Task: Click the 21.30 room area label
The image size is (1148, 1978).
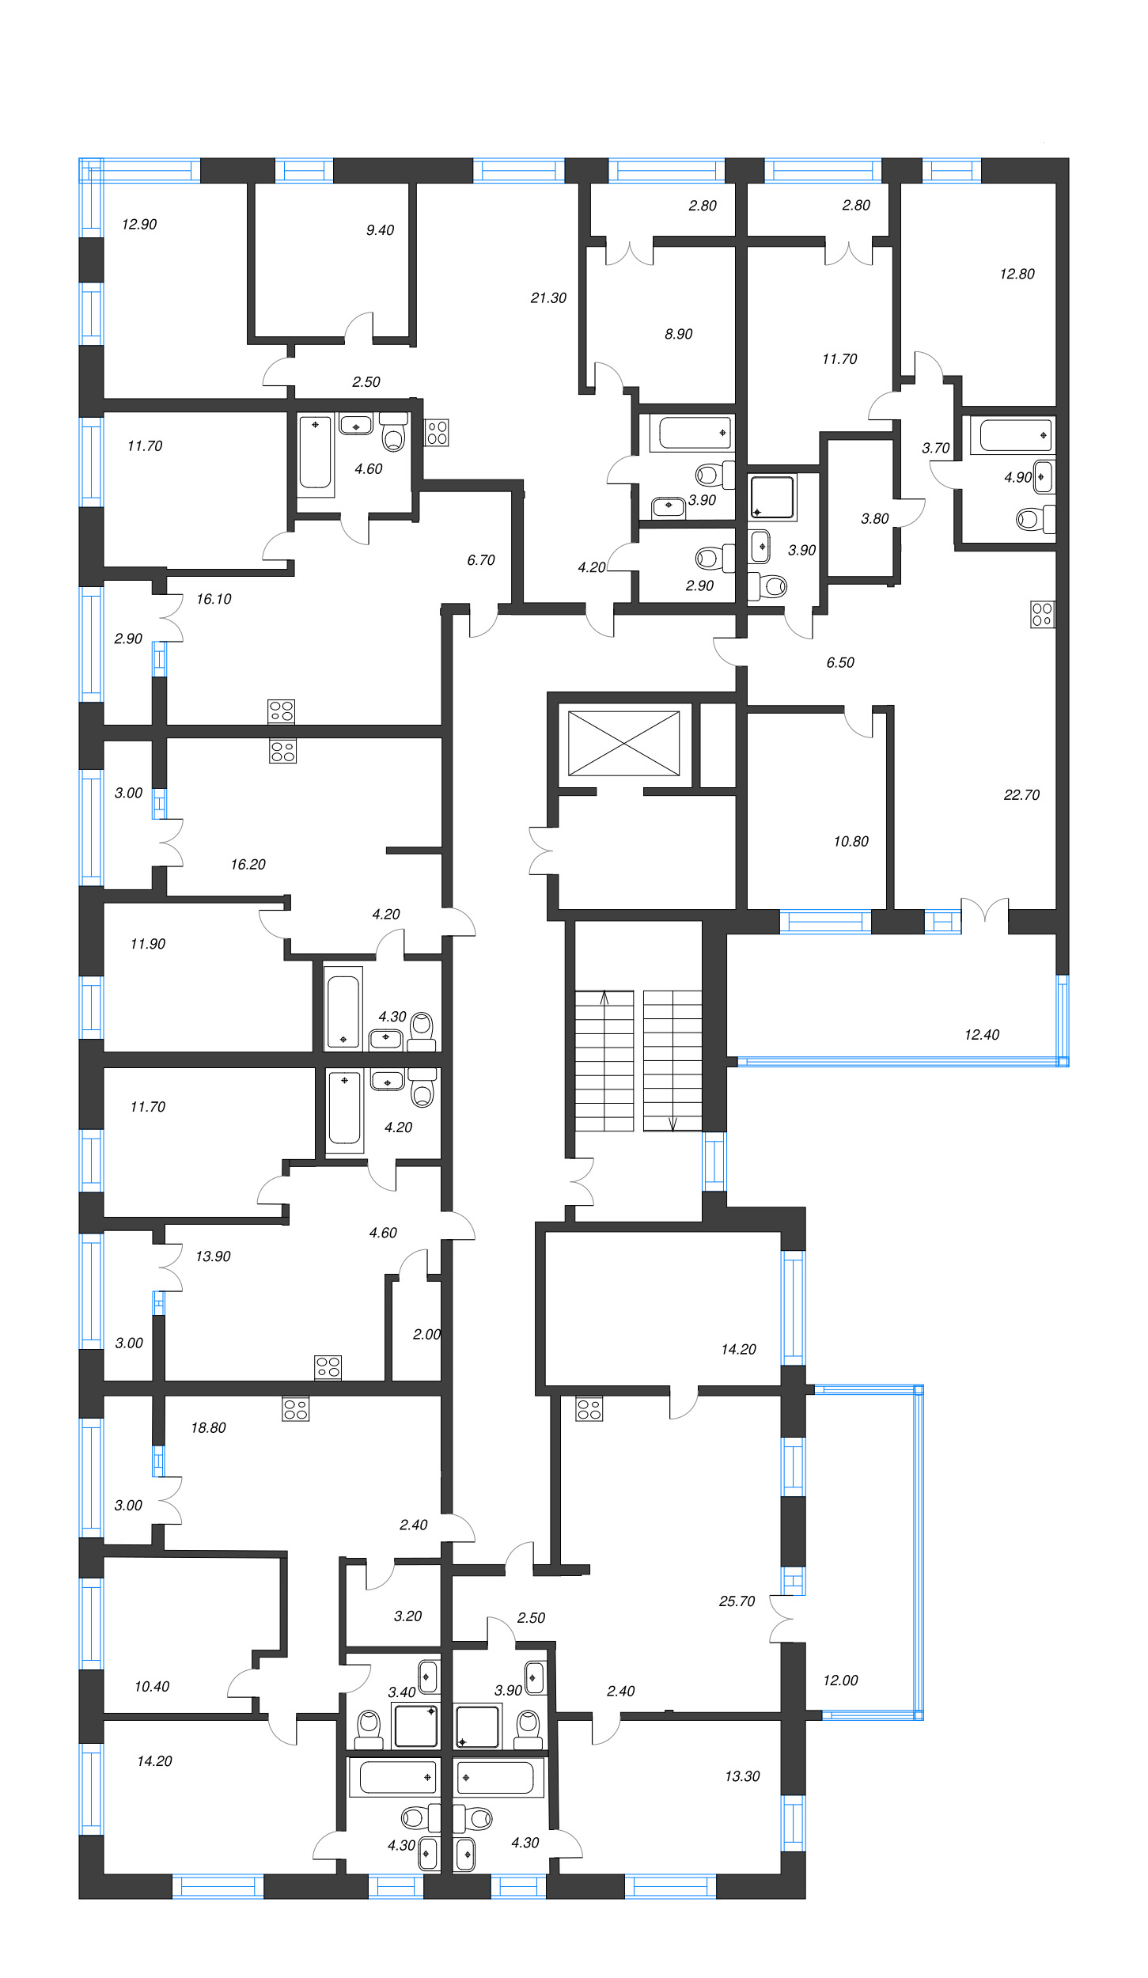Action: tap(548, 298)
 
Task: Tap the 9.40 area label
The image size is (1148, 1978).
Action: tap(380, 230)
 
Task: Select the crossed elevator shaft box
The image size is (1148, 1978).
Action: tap(623, 743)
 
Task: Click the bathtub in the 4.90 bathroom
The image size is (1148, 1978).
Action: tap(1015, 435)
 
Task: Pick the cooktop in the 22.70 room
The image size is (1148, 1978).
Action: tap(1042, 614)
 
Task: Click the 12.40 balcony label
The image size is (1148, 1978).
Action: tap(981, 1035)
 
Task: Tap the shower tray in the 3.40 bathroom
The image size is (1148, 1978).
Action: tap(416, 1725)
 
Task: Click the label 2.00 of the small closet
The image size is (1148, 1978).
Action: tap(426, 1335)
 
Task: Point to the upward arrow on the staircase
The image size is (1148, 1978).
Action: tap(604, 998)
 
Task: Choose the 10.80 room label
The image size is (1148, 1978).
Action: tap(851, 842)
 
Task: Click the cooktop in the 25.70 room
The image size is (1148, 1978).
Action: tap(589, 1409)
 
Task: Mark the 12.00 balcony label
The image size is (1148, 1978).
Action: tap(839, 1681)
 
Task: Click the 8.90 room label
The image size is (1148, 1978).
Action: tap(678, 335)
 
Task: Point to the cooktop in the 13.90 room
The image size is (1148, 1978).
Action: tap(328, 1367)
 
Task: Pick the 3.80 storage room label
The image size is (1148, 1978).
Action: tap(874, 519)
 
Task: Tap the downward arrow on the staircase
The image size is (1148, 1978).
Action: tap(673, 1124)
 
